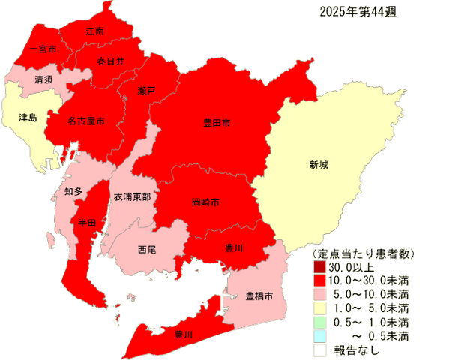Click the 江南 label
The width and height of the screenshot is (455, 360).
[94, 32]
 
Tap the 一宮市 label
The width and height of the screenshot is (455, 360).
[33, 50]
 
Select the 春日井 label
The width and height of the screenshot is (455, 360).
[111, 61]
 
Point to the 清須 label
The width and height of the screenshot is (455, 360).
[43, 78]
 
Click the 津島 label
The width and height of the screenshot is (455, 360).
[27, 117]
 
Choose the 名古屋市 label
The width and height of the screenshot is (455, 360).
[85, 120]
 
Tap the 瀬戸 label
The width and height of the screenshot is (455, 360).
[147, 91]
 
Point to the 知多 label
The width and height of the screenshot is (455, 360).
[73, 192]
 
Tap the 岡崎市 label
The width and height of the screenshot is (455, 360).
[205, 202]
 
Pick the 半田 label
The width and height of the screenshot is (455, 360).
[87, 223]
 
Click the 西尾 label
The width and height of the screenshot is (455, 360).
[147, 249]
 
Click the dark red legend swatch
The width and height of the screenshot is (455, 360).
[319, 265]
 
